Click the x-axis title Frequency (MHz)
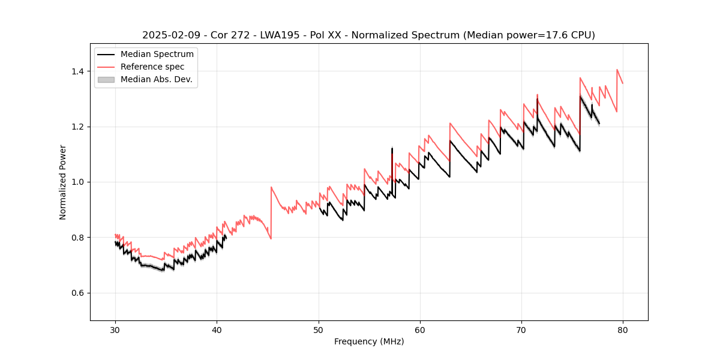click(369, 341)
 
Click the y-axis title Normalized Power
click(63, 182)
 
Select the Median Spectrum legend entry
click(157, 55)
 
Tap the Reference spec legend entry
click(152, 67)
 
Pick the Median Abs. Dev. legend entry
click(157, 79)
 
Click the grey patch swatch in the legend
click(106, 79)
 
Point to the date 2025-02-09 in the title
click(169, 35)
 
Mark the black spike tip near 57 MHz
click(392, 148)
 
